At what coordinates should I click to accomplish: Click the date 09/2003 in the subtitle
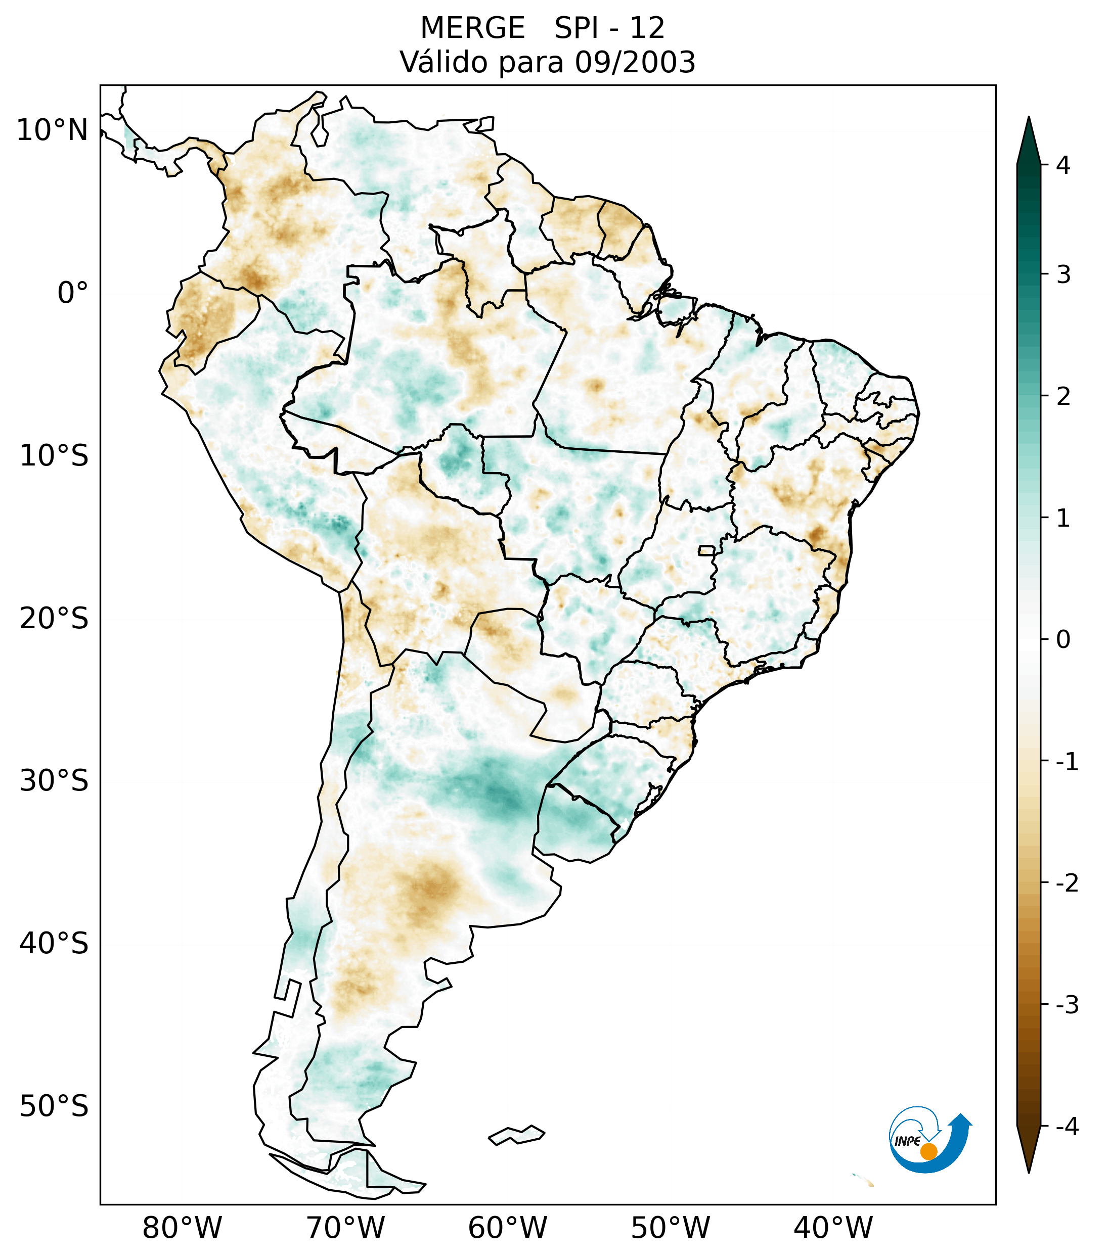coord(635,62)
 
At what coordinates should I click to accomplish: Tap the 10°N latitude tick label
coord(53,130)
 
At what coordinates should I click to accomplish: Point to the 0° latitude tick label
coord(73,293)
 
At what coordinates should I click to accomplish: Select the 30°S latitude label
coord(54,781)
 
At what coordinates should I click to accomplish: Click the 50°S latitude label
coord(54,1106)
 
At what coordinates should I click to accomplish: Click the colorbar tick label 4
coord(1063,165)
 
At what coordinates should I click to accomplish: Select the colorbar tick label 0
coord(1063,640)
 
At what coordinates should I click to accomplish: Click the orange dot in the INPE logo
coord(928,1151)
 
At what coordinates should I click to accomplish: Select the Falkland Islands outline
coord(516,1135)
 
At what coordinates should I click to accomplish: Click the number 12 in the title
coord(647,28)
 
